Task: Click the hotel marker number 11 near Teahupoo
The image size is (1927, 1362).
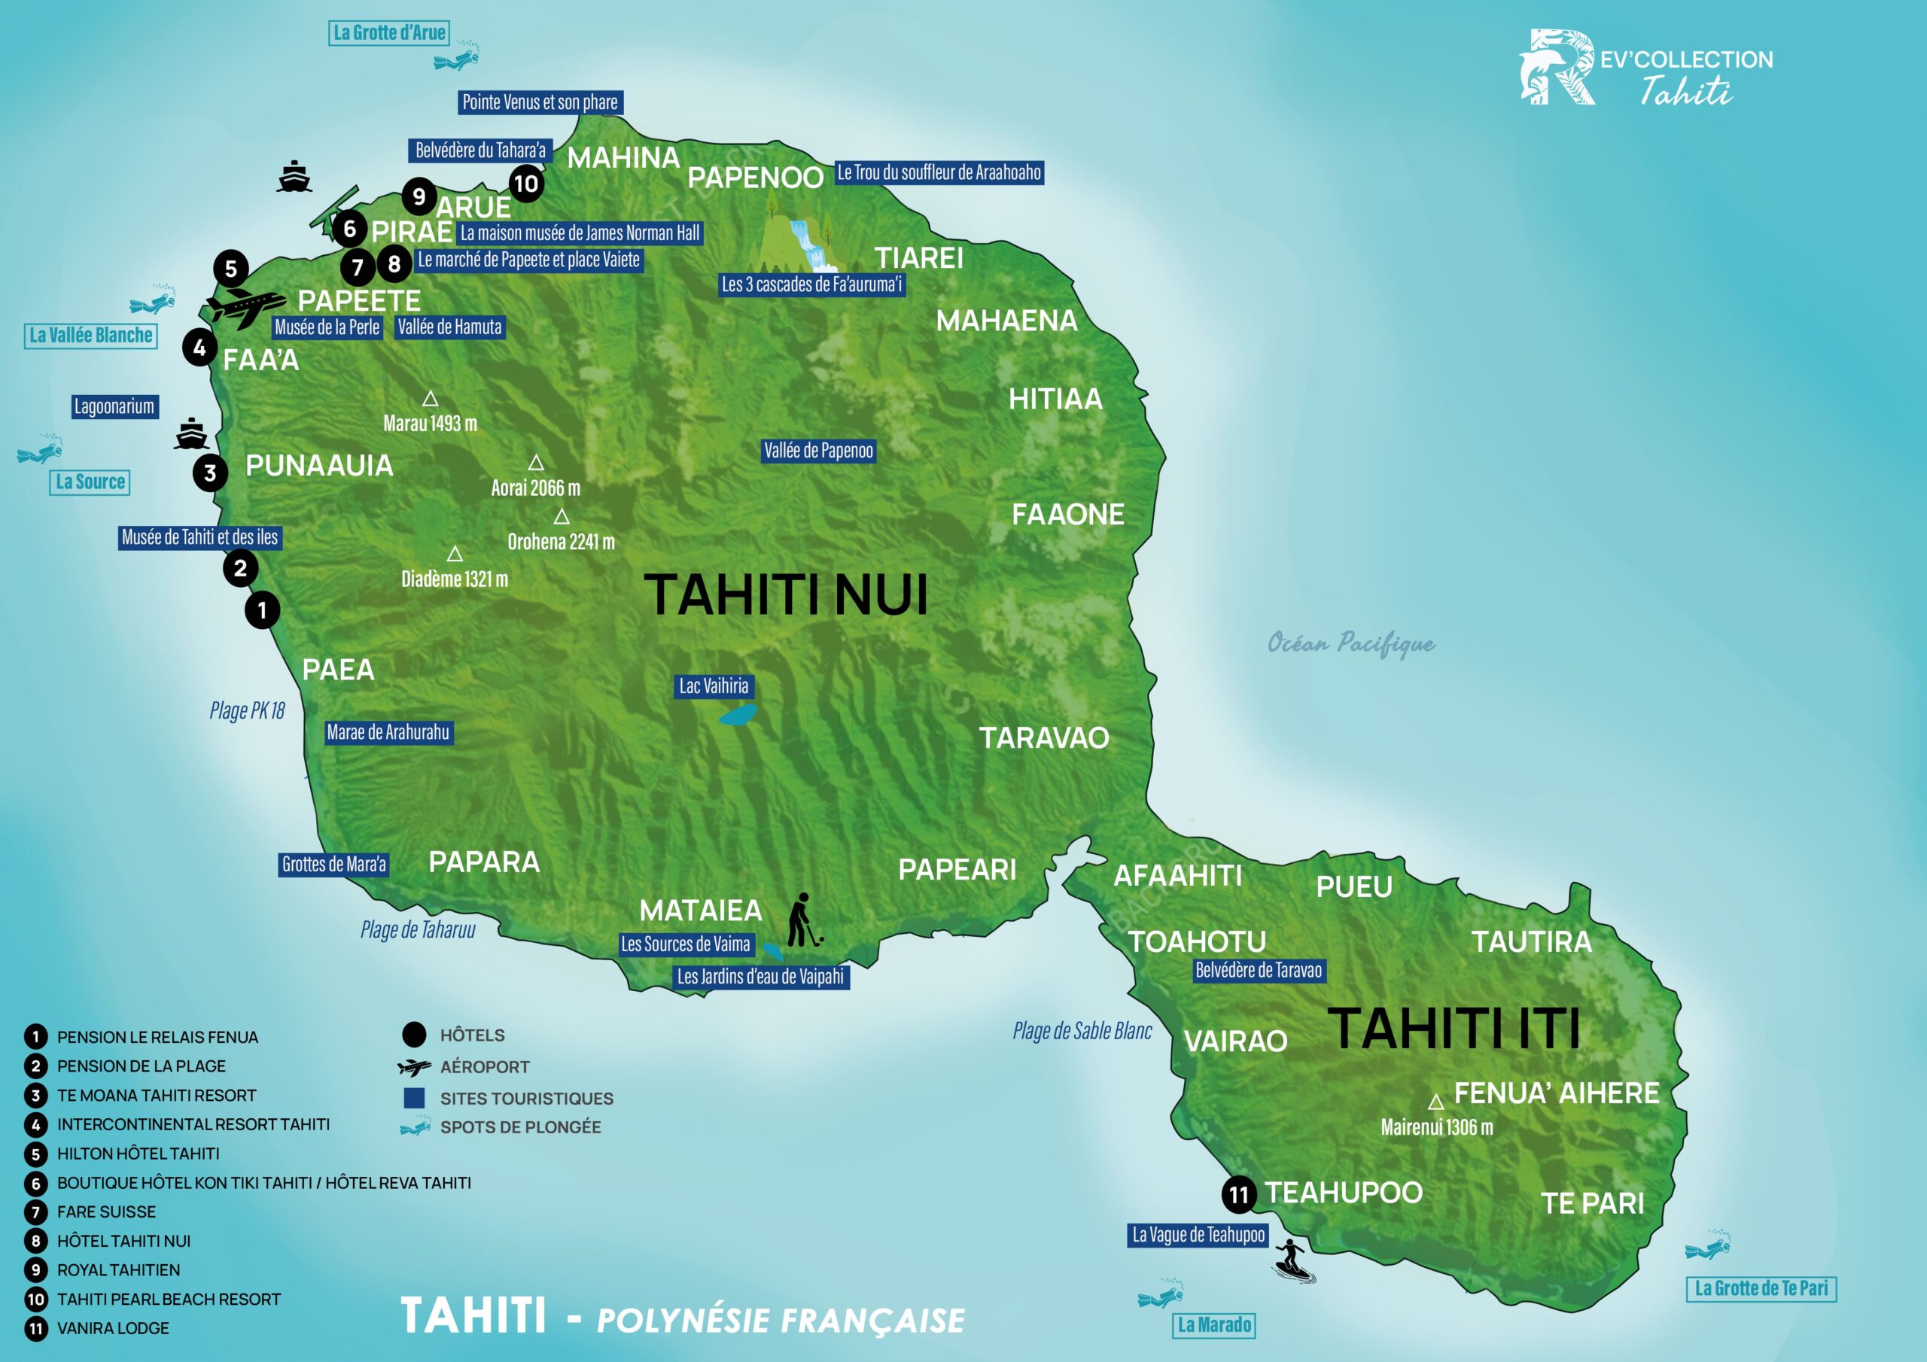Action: click(x=1239, y=1195)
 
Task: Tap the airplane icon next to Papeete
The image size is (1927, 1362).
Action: click(x=245, y=306)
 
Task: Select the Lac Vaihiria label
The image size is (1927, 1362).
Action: click(x=714, y=686)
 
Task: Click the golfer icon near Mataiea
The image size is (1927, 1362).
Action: click(x=803, y=920)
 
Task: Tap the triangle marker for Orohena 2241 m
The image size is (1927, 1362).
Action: click(x=562, y=517)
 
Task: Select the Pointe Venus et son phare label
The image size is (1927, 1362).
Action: click(x=540, y=102)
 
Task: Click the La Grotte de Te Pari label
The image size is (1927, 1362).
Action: click(x=1761, y=1289)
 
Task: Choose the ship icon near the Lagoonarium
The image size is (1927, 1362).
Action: click(x=191, y=434)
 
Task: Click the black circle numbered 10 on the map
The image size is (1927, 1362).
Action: click(x=526, y=184)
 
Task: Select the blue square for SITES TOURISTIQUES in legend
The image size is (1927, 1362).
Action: click(x=414, y=1098)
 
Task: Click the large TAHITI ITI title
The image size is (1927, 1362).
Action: click(x=1454, y=1029)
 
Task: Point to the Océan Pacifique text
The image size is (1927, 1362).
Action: click(x=1350, y=643)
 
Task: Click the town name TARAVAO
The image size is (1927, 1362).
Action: click(x=1044, y=738)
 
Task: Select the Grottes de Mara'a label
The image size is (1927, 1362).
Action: click(x=334, y=865)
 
